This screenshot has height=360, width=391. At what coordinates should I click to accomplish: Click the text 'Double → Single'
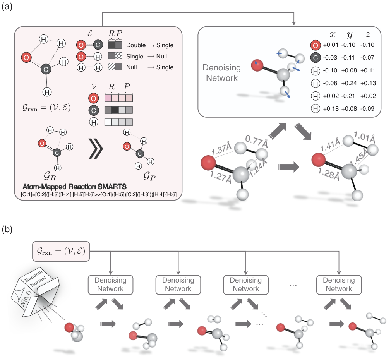point(150,45)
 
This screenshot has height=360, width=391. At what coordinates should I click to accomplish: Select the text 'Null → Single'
point(150,67)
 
